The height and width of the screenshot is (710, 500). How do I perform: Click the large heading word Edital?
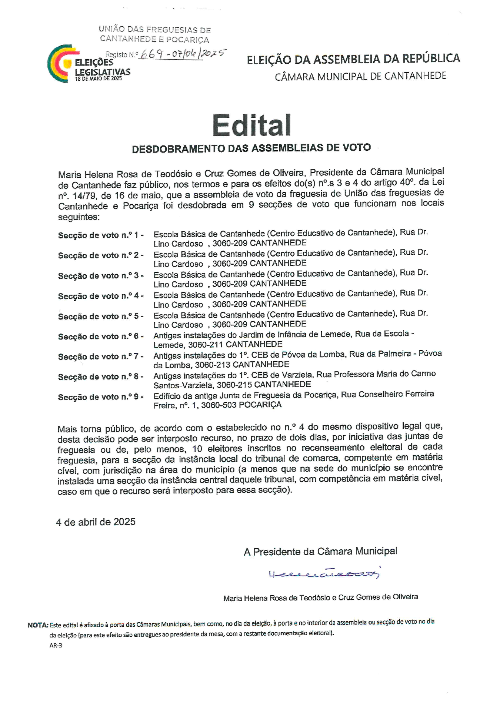coord(251,125)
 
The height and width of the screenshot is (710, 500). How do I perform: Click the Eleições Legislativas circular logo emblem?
coord(59,64)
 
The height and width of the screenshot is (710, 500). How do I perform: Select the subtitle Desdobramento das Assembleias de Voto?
coord(251,148)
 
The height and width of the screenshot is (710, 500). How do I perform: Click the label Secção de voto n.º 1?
coord(100,235)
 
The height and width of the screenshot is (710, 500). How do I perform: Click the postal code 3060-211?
coord(206,345)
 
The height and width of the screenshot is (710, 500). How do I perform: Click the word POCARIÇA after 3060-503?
coord(260,405)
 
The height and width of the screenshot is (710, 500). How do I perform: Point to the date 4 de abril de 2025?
coord(96,522)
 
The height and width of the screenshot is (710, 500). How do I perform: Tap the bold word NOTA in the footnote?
coord(38,625)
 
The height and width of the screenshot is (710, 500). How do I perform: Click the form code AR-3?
coord(56,646)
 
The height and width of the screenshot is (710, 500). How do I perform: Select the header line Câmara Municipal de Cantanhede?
coord(360,76)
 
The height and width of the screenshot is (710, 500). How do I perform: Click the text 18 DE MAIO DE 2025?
coord(98,78)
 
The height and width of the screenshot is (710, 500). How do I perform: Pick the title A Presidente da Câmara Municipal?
coord(320,552)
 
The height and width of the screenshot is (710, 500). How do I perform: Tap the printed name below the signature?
coord(320,597)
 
